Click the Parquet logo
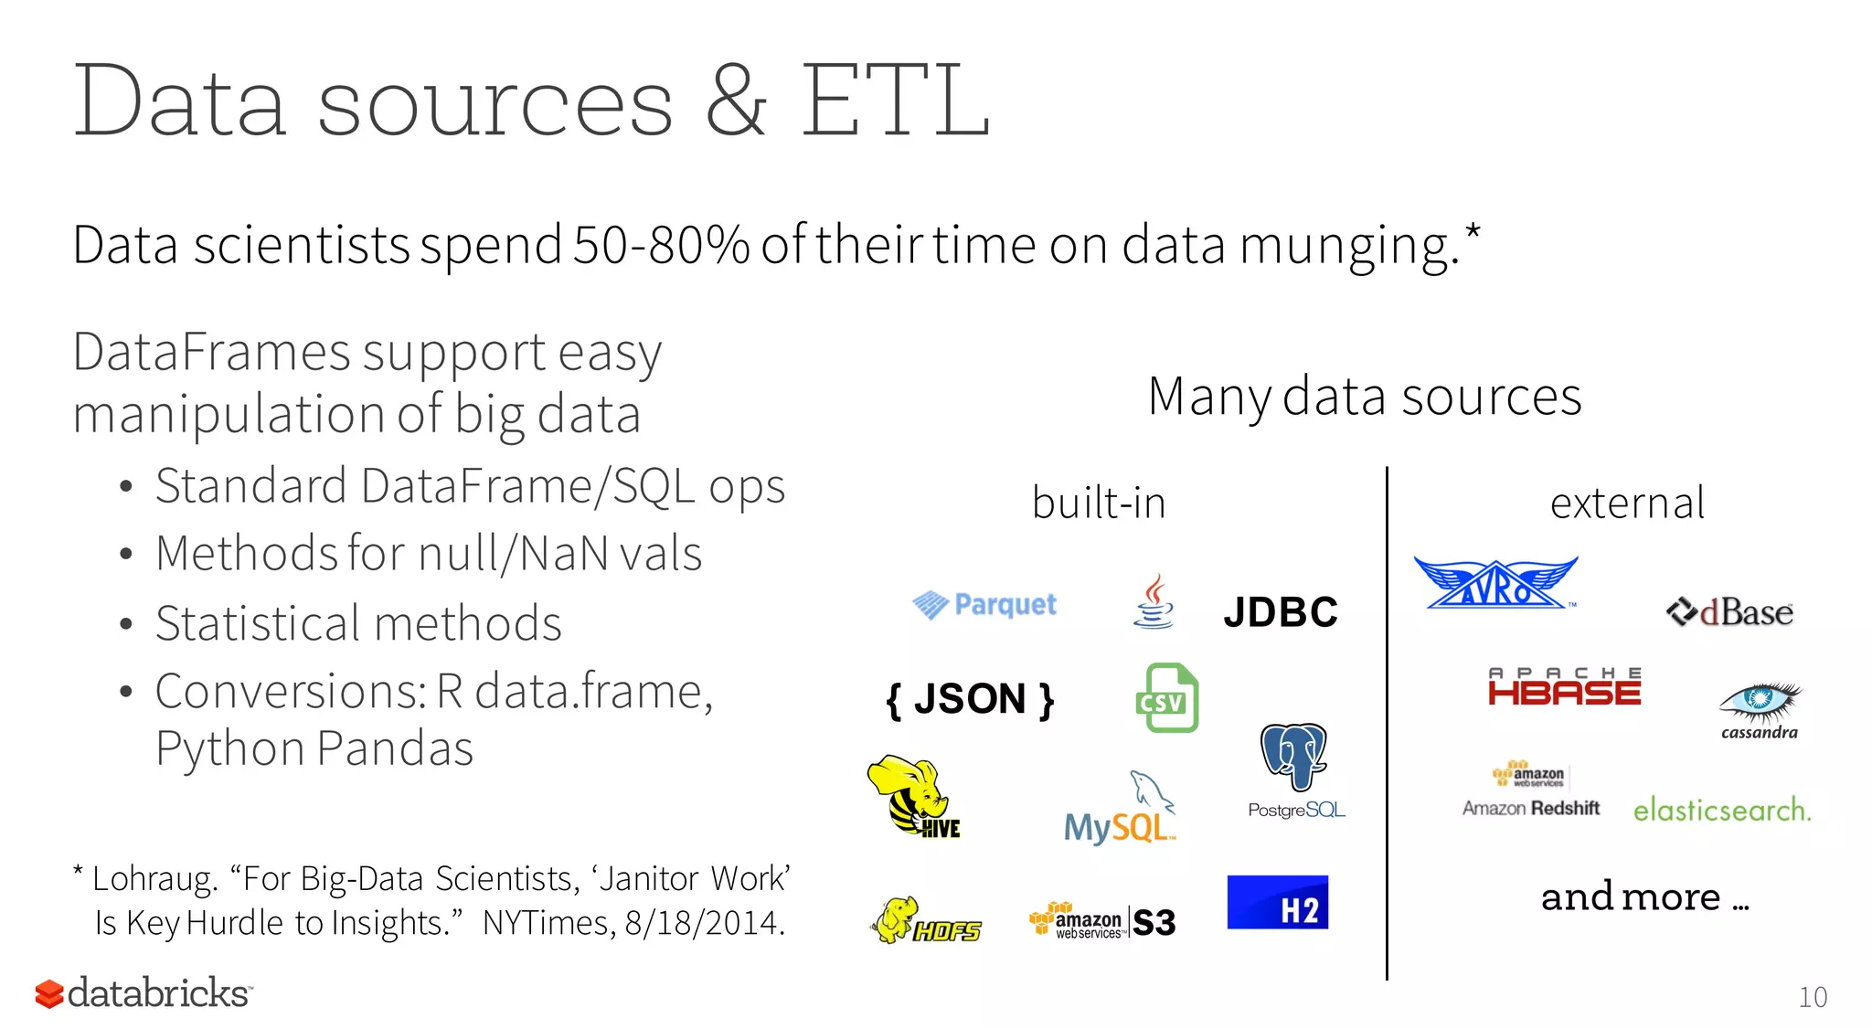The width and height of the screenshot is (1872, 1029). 984,605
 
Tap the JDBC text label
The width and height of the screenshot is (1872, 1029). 1280,612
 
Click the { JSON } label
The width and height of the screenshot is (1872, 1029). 970,700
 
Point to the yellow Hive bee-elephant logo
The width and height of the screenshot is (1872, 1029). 912,795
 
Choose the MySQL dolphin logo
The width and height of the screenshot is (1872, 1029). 1120,809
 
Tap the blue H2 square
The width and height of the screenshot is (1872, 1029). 1277,903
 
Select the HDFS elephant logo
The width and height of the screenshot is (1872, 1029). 925,921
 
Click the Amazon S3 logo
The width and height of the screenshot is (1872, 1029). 1102,921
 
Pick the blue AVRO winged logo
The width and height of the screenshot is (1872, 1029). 1494,584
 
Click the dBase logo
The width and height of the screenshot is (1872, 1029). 1729,612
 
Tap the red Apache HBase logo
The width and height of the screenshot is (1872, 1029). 1564,686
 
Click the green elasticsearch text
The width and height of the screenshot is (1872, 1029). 1721,810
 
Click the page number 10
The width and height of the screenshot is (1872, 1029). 1812,997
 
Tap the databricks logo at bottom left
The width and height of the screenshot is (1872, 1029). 144,993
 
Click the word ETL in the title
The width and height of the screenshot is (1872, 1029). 895,101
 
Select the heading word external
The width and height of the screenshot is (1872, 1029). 1627,503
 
